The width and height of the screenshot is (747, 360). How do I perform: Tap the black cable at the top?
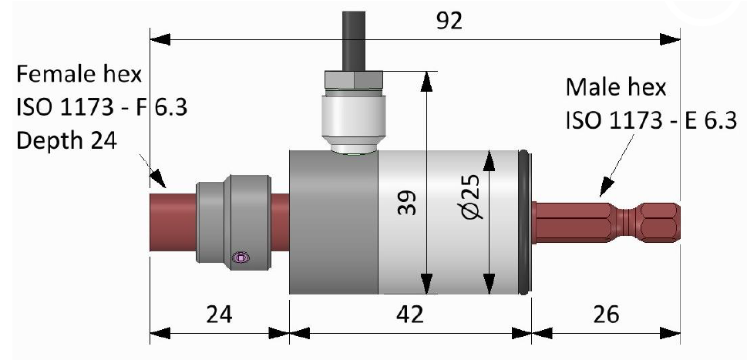[352, 31]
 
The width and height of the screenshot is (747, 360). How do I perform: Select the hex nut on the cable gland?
[352, 79]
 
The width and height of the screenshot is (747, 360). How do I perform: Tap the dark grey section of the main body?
[333, 224]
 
